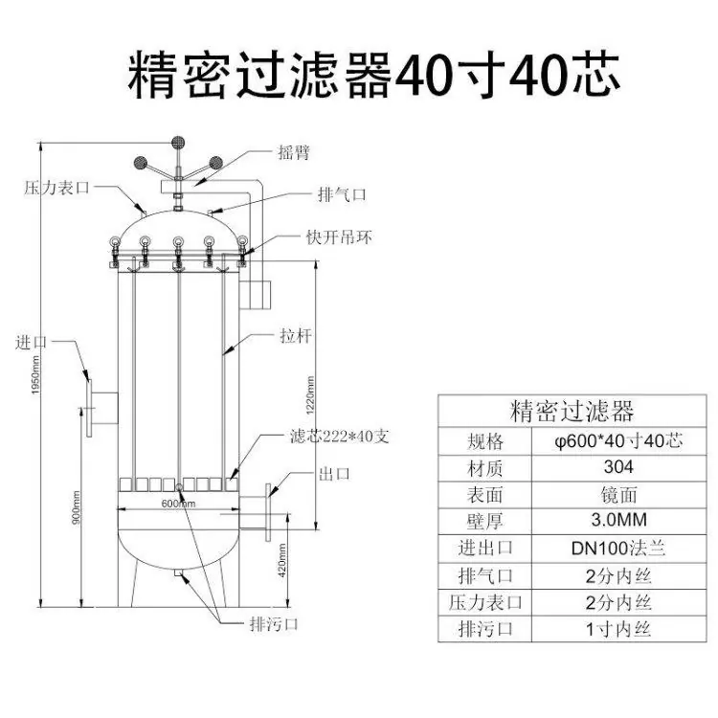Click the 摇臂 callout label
[x=294, y=152]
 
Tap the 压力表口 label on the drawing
[x=56, y=188]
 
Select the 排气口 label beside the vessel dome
[x=342, y=194]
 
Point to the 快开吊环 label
[x=339, y=237]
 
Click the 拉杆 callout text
[x=296, y=336]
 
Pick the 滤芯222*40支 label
[x=339, y=436]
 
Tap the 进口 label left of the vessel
[x=32, y=342]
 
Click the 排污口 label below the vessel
[x=274, y=623]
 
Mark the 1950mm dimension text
[x=35, y=375]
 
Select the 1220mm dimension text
[x=310, y=395]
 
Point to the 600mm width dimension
[x=179, y=504]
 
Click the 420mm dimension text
[x=282, y=560]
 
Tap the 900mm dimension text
[x=76, y=507]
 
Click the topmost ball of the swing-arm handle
[x=178, y=143]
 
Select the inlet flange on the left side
[x=89, y=408]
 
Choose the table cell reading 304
[x=618, y=467]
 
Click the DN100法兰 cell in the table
[x=618, y=549]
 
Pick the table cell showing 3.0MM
[x=618, y=520]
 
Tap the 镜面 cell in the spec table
[x=618, y=495]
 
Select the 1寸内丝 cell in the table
[x=618, y=629]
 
